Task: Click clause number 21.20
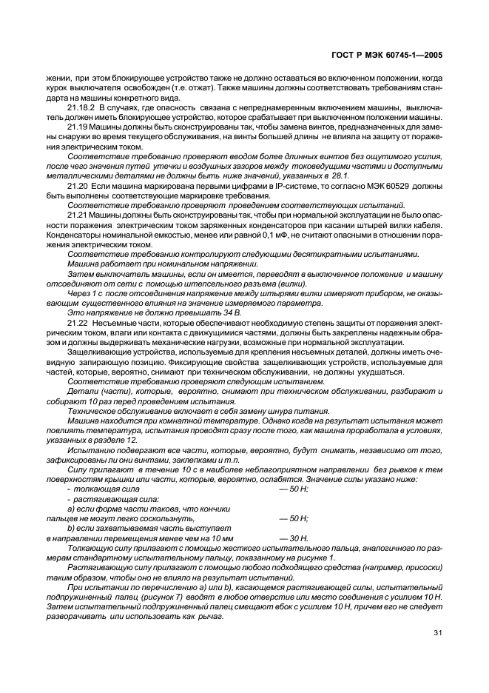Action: [76, 188]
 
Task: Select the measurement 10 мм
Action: [221, 538]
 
